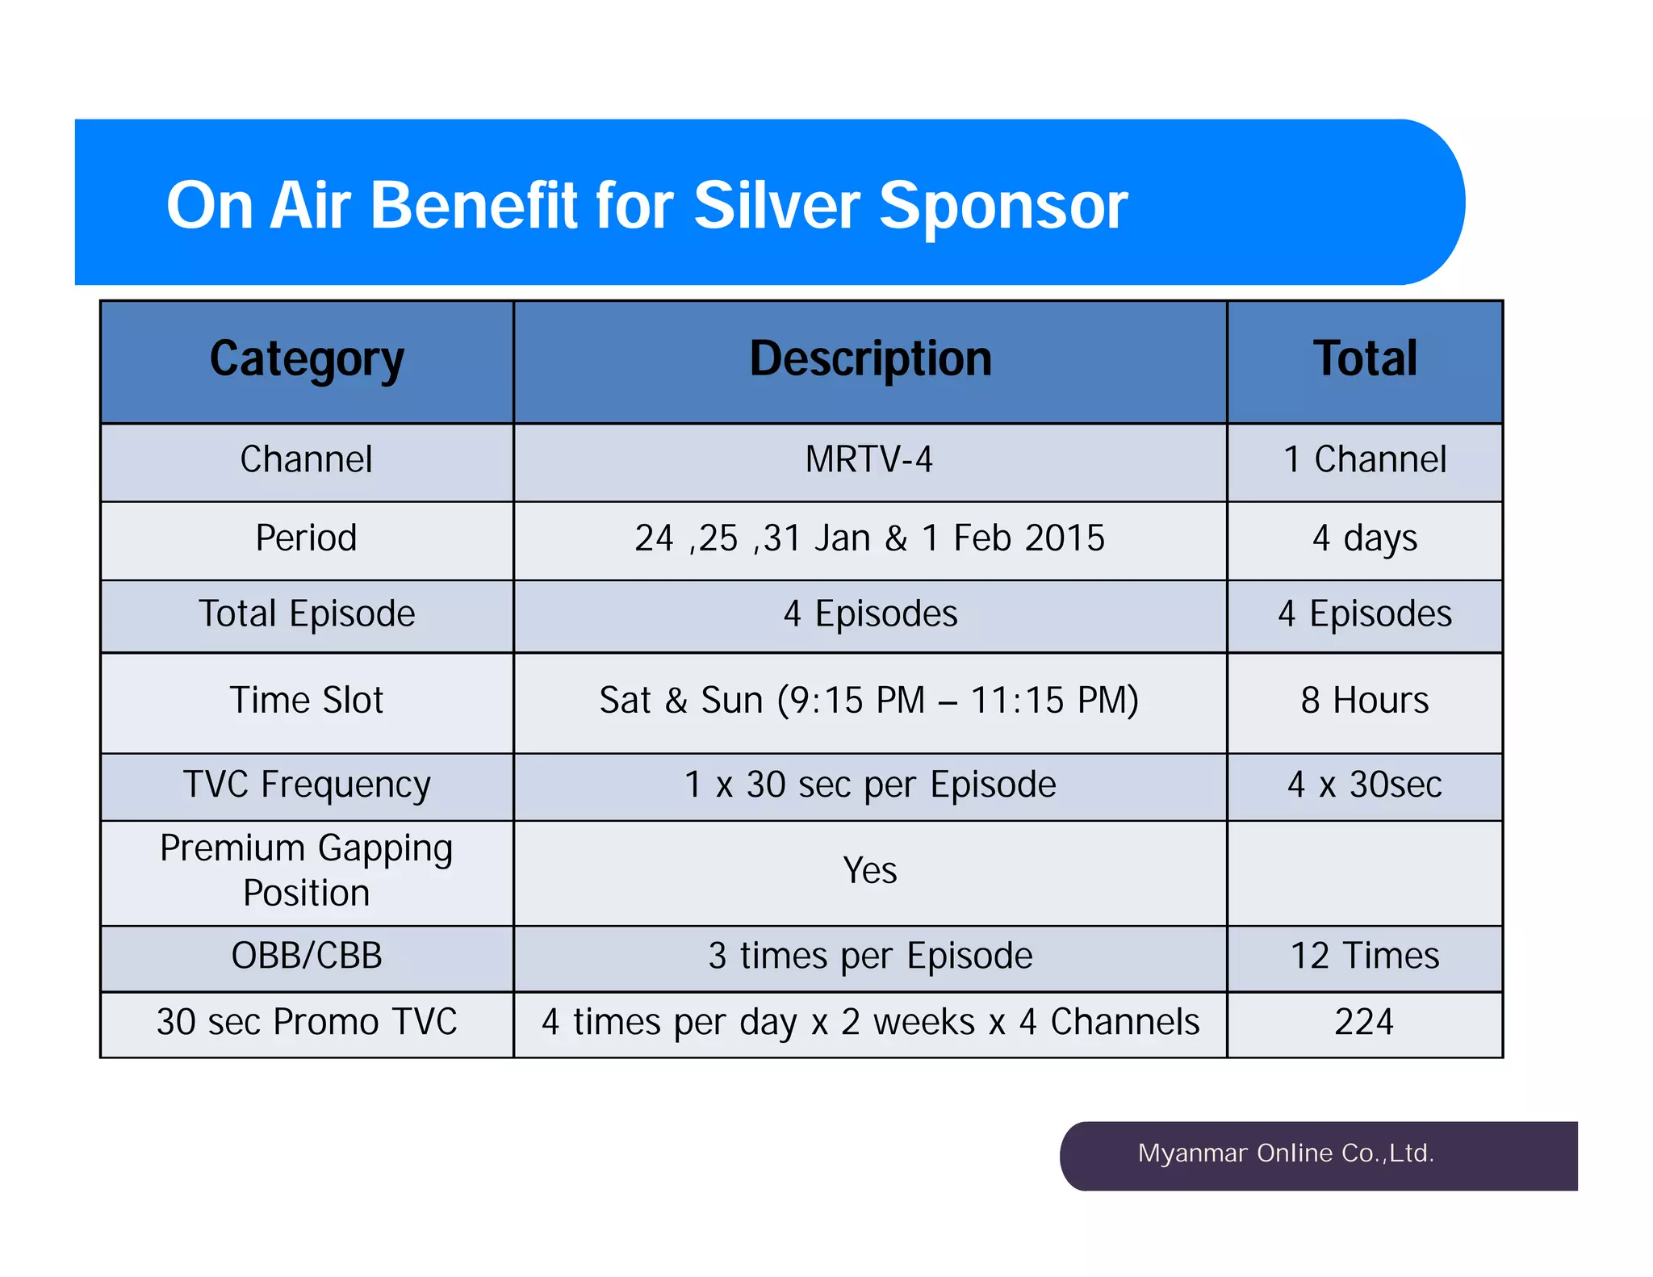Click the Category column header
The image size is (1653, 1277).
pos(307,359)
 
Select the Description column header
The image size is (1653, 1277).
pos(870,359)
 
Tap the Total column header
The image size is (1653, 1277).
pos(1364,359)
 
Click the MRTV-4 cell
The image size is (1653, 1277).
pos(869,460)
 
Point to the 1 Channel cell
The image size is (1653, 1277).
pos(1364,460)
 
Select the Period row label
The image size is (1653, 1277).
pos(307,538)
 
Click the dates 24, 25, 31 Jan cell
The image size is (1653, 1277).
pos(869,538)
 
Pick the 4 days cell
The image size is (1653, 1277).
pos(1364,538)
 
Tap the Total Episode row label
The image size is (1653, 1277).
pos(307,614)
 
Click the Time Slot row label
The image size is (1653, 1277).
pos(307,701)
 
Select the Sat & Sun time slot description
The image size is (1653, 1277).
pos(869,701)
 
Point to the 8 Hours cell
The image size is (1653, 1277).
pos(1364,701)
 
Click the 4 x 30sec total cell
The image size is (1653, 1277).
pos(1364,785)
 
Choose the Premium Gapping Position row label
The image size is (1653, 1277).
pos(307,871)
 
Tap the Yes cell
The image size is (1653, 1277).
pos(869,871)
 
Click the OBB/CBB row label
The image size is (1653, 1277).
pos(307,957)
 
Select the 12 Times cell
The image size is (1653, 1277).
pos(1364,957)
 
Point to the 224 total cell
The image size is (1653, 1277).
pos(1364,1023)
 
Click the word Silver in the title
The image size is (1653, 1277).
pos(777,206)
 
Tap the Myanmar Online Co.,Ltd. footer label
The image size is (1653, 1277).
pos(1286,1153)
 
